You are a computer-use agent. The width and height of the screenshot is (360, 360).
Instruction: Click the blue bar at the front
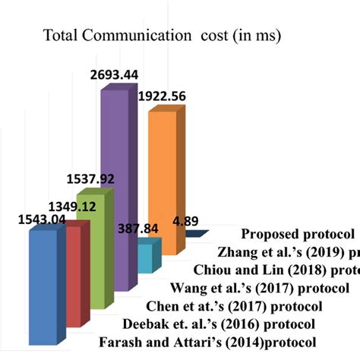point(42,281)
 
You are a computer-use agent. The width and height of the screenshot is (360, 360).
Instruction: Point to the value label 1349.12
point(74,205)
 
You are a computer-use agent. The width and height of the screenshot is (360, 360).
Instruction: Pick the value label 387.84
point(140,228)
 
